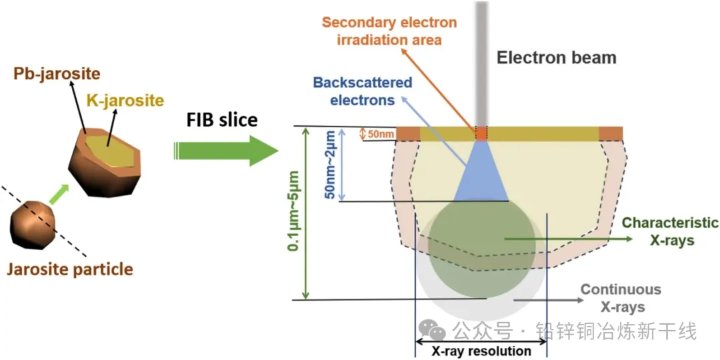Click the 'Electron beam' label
[x=556, y=57]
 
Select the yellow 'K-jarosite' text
[x=125, y=101]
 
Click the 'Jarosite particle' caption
[x=70, y=269]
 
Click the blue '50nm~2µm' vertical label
[x=329, y=165]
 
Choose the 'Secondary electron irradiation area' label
[x=389, y=31]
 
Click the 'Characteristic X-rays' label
[x=670, y=231]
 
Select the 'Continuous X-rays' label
[x=621, y=298]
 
